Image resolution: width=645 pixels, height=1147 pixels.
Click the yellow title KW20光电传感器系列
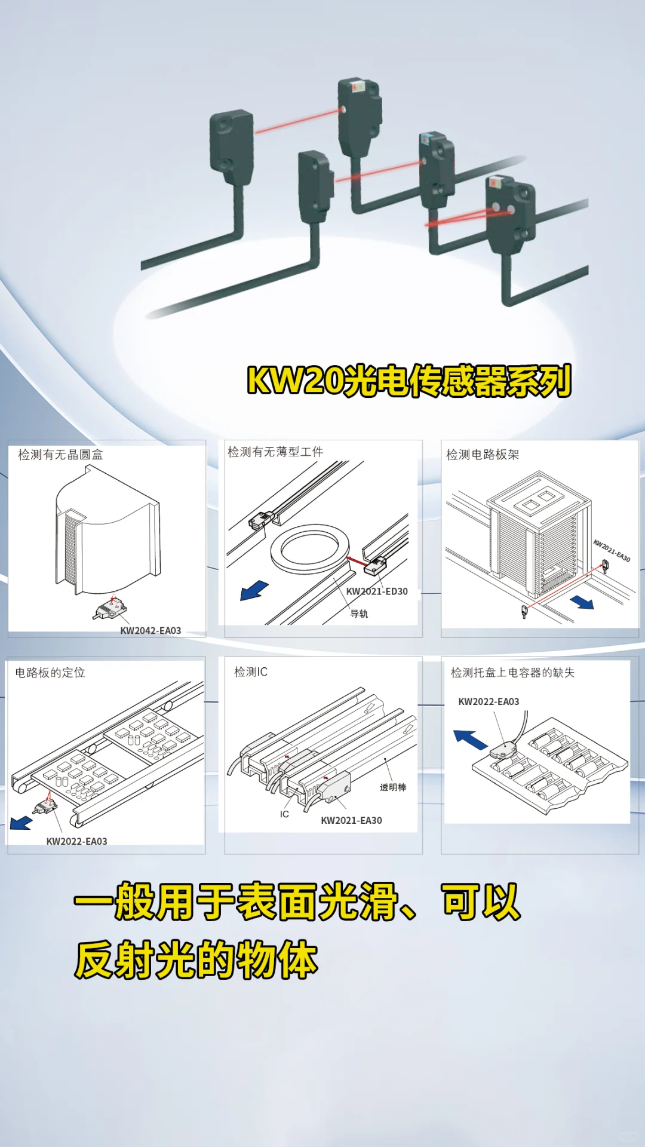click(x=409, y=381)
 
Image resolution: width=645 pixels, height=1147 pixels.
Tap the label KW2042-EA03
click(x=150, y=630)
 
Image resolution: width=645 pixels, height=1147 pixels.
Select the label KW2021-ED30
click(x=377, y=591)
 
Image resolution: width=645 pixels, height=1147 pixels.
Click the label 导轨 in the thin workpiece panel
click(x=359, y=614)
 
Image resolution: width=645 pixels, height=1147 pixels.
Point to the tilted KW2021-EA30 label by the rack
click(x=612, y=550)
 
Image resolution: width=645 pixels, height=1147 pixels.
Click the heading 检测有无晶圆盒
click(x=60, y=455)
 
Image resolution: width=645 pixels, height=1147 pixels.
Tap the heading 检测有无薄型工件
click(x=275, y=452)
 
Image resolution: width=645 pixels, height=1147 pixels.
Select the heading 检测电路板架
click(x=483, y=455)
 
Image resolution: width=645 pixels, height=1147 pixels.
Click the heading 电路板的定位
click(x=50, y=673)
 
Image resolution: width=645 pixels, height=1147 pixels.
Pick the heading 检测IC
click(x=251, y=672)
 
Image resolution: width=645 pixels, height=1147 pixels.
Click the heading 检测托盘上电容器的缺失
click(x=512, y=673)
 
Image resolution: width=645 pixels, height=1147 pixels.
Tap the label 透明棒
click(x=393, y=787)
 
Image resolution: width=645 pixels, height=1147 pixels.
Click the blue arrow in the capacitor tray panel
click(x=471, y=740)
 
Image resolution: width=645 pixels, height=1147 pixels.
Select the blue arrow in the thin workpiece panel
click(x=254, y=590)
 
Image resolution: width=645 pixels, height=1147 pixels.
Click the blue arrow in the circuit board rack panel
click(x=582, y=602)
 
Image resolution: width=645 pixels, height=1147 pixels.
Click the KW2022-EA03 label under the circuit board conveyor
click(x=77, y=841)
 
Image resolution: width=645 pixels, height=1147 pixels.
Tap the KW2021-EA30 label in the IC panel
click(x=351, y=820)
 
